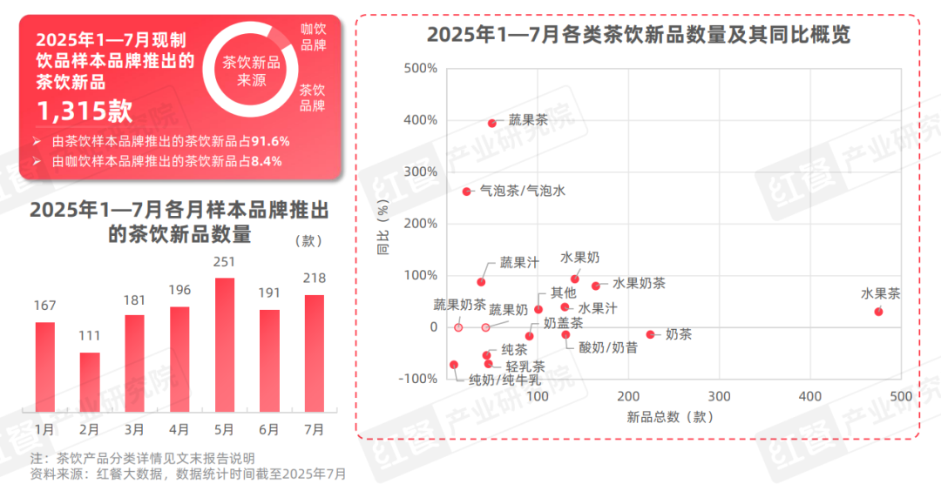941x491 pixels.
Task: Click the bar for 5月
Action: coord(224,344)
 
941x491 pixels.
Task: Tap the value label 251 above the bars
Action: coord(224,262)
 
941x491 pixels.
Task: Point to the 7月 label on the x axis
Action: coord(314,429)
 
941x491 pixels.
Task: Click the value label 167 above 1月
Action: coord(44,306)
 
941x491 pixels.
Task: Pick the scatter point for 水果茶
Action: coord(878,312)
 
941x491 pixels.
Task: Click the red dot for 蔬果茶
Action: coord(492,124)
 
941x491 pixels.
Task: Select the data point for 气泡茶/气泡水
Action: coord(467,192)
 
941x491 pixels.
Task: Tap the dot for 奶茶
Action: coord(650,334)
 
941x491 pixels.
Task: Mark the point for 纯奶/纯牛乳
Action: coord(454,365)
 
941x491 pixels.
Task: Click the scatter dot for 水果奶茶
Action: coord(596,286)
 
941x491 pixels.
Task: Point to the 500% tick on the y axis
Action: coord(421,69)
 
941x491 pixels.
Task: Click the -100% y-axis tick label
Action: coord(418,379)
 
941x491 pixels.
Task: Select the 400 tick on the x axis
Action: coord(809,397)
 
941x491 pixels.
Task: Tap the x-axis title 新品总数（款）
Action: coord(670,417)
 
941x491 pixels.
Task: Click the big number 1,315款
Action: coord(84,111)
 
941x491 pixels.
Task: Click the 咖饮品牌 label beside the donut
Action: coord(313,37)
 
